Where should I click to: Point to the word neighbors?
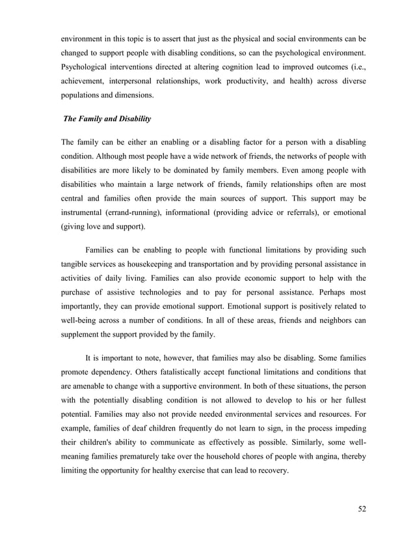pyautogui.click(x=335, y=324)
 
